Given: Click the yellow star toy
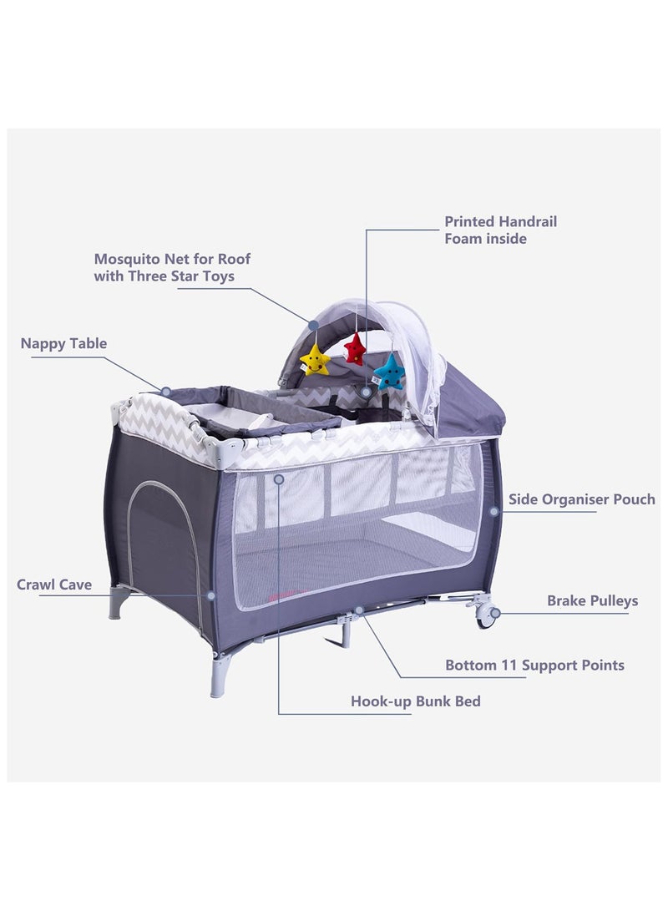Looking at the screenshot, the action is coord(315,360).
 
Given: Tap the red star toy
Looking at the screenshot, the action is coord(354,348).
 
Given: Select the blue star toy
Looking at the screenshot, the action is coord(389,372).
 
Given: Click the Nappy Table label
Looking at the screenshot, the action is coord(64,343).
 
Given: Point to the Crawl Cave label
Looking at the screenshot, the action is coord(54,585).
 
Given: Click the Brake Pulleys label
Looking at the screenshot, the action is coord(593,600).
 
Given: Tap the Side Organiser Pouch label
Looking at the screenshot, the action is coord(581,499).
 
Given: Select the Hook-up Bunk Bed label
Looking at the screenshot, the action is coord(415,701).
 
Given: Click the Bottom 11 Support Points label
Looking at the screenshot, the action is coord(534,666).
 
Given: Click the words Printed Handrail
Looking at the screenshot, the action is coord(501,221).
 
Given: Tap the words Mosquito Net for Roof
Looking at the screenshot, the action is coord(173,259).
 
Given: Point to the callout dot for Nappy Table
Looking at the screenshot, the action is coord(165,392).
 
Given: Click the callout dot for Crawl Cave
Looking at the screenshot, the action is coord(211,595).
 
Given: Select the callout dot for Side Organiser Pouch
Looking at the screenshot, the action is coord(493,512).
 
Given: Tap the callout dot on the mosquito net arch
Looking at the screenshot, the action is coord(313,326).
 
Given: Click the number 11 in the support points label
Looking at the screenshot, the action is coord(509,666).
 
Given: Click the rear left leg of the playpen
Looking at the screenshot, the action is coord(118,603).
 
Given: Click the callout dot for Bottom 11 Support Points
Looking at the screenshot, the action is coord(359,610).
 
